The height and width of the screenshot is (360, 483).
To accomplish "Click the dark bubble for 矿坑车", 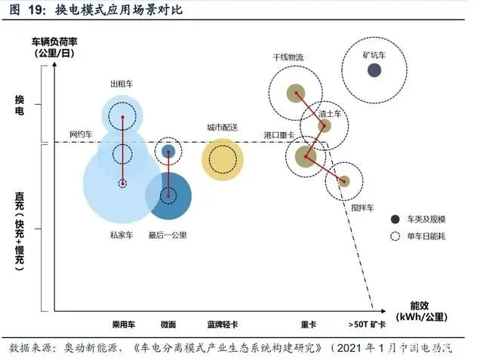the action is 374,70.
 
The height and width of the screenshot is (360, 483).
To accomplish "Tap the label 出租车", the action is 122,83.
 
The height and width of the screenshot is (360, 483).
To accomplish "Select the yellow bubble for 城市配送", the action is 222,159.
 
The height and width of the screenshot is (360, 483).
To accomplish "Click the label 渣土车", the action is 330,113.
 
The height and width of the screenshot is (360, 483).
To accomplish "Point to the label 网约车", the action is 81,134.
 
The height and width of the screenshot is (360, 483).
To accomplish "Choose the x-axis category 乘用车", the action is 123,325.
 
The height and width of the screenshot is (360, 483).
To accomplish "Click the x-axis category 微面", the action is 168,325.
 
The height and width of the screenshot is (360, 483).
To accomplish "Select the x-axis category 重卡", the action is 308,325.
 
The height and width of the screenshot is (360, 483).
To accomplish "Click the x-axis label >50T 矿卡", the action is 368,325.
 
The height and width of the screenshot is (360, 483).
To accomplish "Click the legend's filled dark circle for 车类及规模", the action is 394,219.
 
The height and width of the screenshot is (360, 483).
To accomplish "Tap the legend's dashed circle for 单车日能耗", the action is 394,236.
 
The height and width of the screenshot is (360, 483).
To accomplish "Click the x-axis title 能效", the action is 420,306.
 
